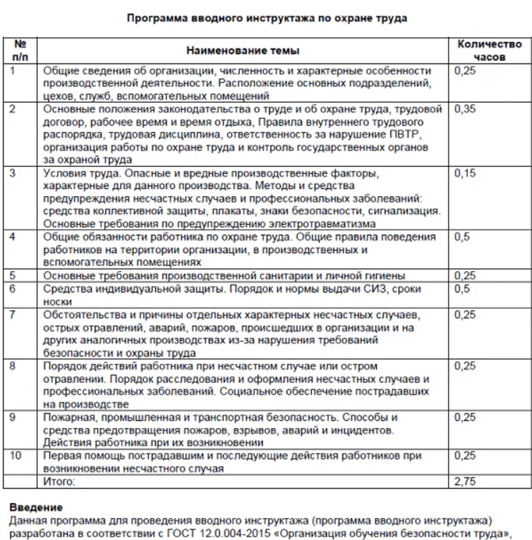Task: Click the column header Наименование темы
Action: point(242,51)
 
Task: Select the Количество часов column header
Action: point(489,50)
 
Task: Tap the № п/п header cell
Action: point(20,50)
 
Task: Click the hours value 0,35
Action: point(465,109)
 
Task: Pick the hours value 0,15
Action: point(465,173)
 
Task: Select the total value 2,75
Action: point(465,481)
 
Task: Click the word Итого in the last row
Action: point(59,482)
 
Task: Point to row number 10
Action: point(15,455)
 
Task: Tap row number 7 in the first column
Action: point(12,315)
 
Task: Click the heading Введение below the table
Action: point(36,507)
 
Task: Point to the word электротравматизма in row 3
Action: point(322,224)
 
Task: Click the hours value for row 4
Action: point(462,237)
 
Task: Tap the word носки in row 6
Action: point(57,302)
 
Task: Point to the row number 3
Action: point(12,173)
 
